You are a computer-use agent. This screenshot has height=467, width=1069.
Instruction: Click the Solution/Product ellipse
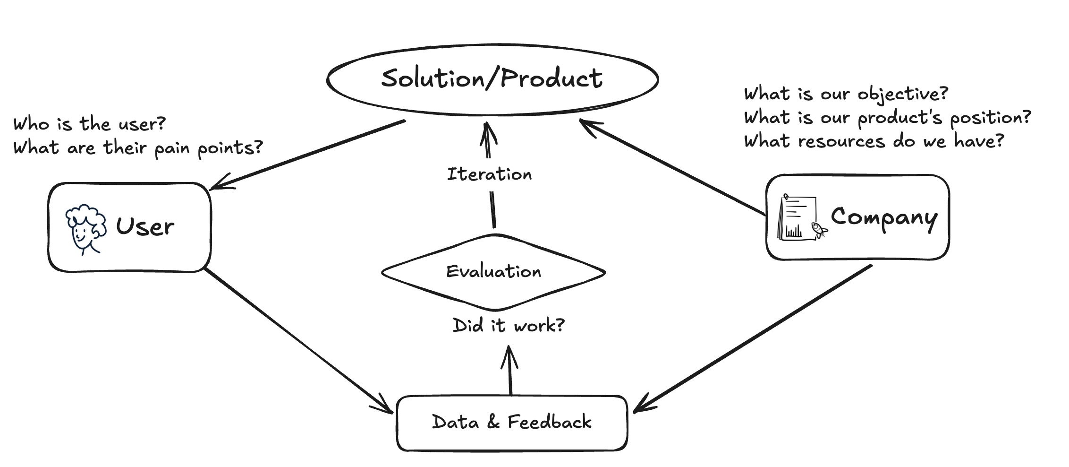[492, 79]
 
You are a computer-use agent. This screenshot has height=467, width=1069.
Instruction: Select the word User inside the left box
[145, 226]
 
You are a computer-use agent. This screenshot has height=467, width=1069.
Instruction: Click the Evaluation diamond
[493, 272]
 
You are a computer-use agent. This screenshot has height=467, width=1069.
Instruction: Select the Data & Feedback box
[512, 423]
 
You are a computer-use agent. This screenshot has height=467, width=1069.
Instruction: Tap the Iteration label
[489, 174]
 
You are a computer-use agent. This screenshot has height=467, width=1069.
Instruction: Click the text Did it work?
[509, 325]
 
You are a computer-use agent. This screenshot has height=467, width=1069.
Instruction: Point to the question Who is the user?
[90, 124]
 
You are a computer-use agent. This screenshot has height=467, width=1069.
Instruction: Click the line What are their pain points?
[138, 148]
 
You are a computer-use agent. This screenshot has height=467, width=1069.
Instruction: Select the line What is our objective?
[846, 94]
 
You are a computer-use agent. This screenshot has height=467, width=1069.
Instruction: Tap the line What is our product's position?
[888, 118]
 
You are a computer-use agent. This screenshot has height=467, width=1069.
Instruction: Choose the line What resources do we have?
[874, 141]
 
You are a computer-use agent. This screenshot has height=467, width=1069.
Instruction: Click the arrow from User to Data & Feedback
[297, 340]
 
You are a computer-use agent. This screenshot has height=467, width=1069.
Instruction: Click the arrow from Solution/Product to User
[307, 155]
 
